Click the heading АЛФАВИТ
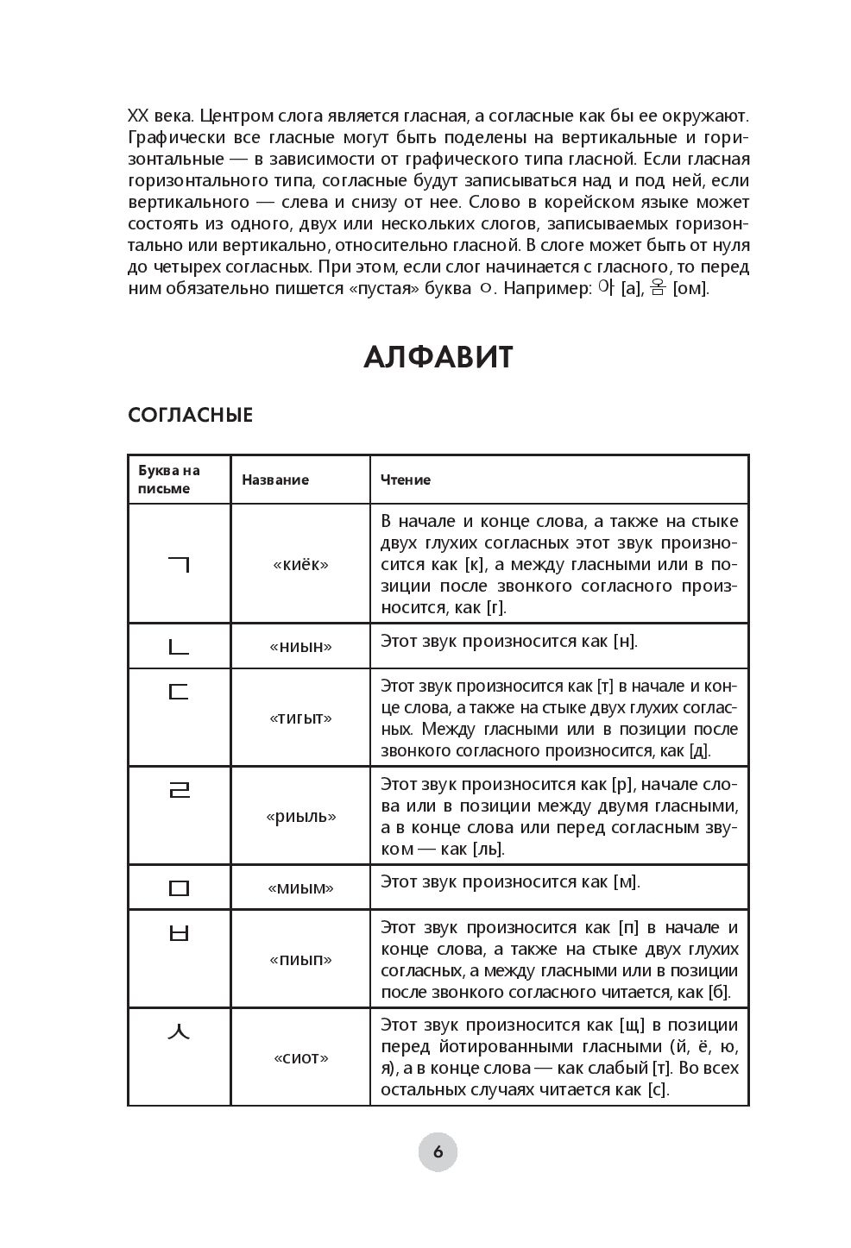point(438,356)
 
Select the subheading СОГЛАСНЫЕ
point(190,415)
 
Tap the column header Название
point(274,480)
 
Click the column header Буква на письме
point(169,480)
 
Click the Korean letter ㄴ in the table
point(178,645)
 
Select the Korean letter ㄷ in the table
point(178,691)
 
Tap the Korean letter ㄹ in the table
point(178,788)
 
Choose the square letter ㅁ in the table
point(178,887)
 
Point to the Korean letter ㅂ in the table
point(178,932)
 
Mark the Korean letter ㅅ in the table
point(178,1030)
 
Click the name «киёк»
point(300,565)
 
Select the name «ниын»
point(300,646)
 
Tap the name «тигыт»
point(300,718)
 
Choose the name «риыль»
point(300,816)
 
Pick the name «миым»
point(300,887)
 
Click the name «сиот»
point(300,1058)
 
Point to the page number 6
point(438,1151)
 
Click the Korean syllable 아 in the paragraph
point(604,288)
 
